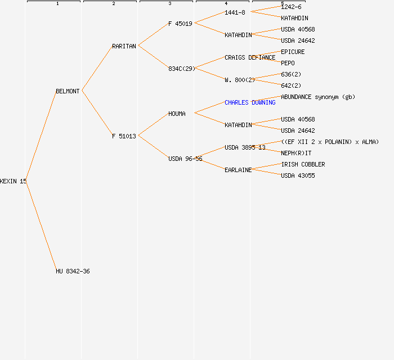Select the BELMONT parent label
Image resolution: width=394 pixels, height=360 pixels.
point(68,91)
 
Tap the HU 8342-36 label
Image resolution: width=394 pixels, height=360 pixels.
point(73,271)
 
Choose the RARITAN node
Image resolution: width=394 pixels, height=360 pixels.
point(124,46)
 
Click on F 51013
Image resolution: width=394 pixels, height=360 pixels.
point(124,136)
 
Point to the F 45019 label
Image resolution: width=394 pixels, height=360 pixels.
point(180,24)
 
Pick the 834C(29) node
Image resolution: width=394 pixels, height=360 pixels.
point(182,69)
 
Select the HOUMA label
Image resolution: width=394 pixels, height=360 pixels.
point(177,114)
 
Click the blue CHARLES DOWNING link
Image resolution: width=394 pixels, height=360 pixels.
point(250,102)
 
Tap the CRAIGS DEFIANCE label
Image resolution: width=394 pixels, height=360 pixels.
point(250,57)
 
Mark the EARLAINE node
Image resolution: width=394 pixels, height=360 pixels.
point(238,170)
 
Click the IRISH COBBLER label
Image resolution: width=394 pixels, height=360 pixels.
point(303,164)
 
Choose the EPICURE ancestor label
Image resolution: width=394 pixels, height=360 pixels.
point(293,52)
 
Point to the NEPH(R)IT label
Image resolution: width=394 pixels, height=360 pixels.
point(296,153)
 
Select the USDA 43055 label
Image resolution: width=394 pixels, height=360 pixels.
point(298,175)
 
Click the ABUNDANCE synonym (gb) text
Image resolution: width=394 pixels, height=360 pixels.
point(318,97)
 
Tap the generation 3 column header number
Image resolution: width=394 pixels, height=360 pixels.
point(169,4)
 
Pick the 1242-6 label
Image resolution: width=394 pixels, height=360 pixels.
point(291,7)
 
